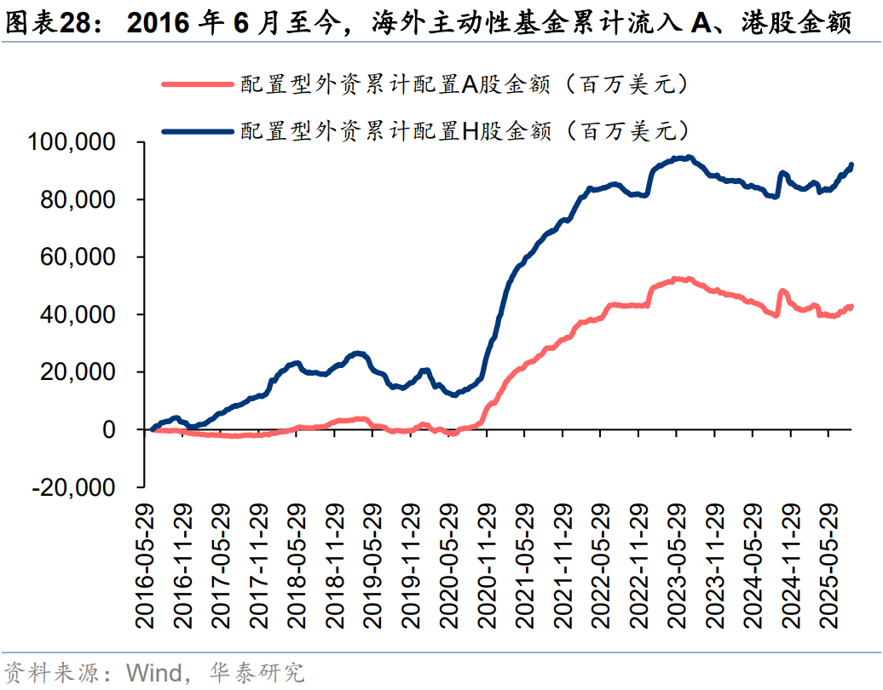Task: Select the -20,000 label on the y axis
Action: (x=75, y=487)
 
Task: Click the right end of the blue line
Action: (x=851, y=165)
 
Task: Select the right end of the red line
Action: (x=851, y=307)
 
